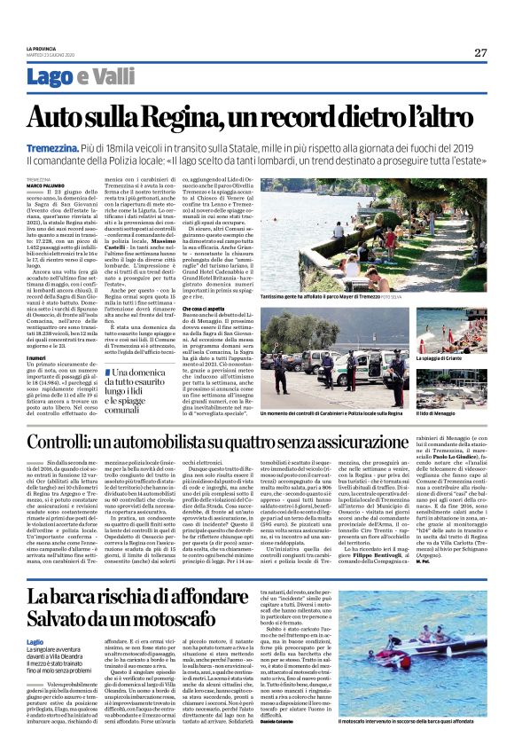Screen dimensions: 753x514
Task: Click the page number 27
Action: point(480,52)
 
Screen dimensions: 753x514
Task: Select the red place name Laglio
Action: point(35,640)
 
